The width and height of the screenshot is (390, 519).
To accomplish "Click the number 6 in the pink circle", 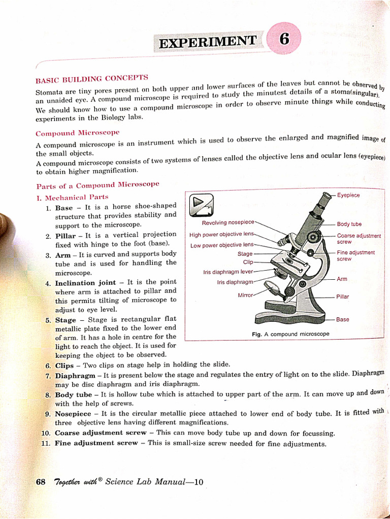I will pos(284,40).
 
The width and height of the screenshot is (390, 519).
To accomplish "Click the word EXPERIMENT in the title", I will pos(208,42).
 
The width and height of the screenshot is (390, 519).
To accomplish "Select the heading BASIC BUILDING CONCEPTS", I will pos(91,79).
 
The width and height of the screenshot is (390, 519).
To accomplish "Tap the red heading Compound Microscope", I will pos(77,133).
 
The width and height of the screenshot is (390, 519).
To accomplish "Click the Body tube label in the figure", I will pos(349,224).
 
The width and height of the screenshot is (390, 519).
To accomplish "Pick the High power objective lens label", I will pos(221,235).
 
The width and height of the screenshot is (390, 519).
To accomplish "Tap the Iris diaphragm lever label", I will pos(227,272).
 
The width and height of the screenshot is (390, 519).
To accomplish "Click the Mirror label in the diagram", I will pos(245,294).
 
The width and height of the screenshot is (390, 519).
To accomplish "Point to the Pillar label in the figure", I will pos(343,296).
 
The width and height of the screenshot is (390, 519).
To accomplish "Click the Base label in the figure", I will pos(343,320).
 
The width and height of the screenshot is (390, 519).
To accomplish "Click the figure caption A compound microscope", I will pos(290,334).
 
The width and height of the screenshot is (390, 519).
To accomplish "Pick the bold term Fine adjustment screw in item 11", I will pos(96,443).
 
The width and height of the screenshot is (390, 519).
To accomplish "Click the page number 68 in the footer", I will pos(41,482).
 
